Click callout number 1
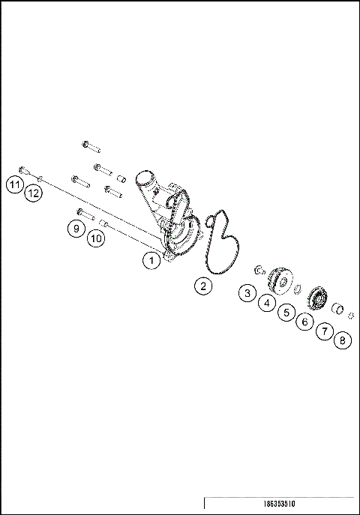point(151,261)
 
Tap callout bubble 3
point(247,293)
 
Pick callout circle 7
point(324,331)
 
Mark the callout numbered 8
point(343,340)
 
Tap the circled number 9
point(75,229)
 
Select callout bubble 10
point(94,238)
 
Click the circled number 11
point(13,184)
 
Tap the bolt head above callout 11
point(22,169)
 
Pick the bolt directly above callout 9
point(82,214)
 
